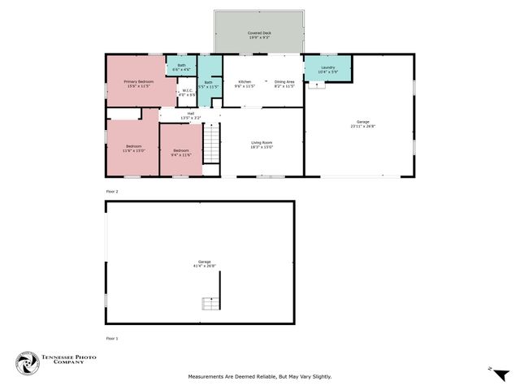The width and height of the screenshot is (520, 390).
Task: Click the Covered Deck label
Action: coord(259,32)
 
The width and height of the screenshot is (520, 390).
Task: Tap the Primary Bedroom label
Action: coord(138,82)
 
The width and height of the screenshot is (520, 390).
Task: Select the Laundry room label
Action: coord(328,67)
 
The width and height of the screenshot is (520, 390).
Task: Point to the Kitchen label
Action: coord(245,82)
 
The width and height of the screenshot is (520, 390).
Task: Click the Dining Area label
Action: coord(284,82)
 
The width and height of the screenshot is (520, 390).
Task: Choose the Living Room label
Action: coord(261,143)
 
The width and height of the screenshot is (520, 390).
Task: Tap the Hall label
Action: coord(191,113)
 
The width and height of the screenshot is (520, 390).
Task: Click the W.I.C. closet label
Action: coord(187,90)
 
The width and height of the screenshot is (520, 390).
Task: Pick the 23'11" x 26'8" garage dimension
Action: coord(363,126)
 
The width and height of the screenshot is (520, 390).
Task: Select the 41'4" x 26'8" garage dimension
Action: coord(199,265)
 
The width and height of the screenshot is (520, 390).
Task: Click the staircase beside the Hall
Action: coord(211,143)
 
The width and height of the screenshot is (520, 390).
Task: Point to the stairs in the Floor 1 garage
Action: coord(210,303)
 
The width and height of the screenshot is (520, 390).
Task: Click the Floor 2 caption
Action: coord(112,191)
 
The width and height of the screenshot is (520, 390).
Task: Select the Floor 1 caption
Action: coord(112,338)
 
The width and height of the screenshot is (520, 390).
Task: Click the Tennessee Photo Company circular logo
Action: coord(27,363)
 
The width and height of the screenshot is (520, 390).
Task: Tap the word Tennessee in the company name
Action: coord(64,357)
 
